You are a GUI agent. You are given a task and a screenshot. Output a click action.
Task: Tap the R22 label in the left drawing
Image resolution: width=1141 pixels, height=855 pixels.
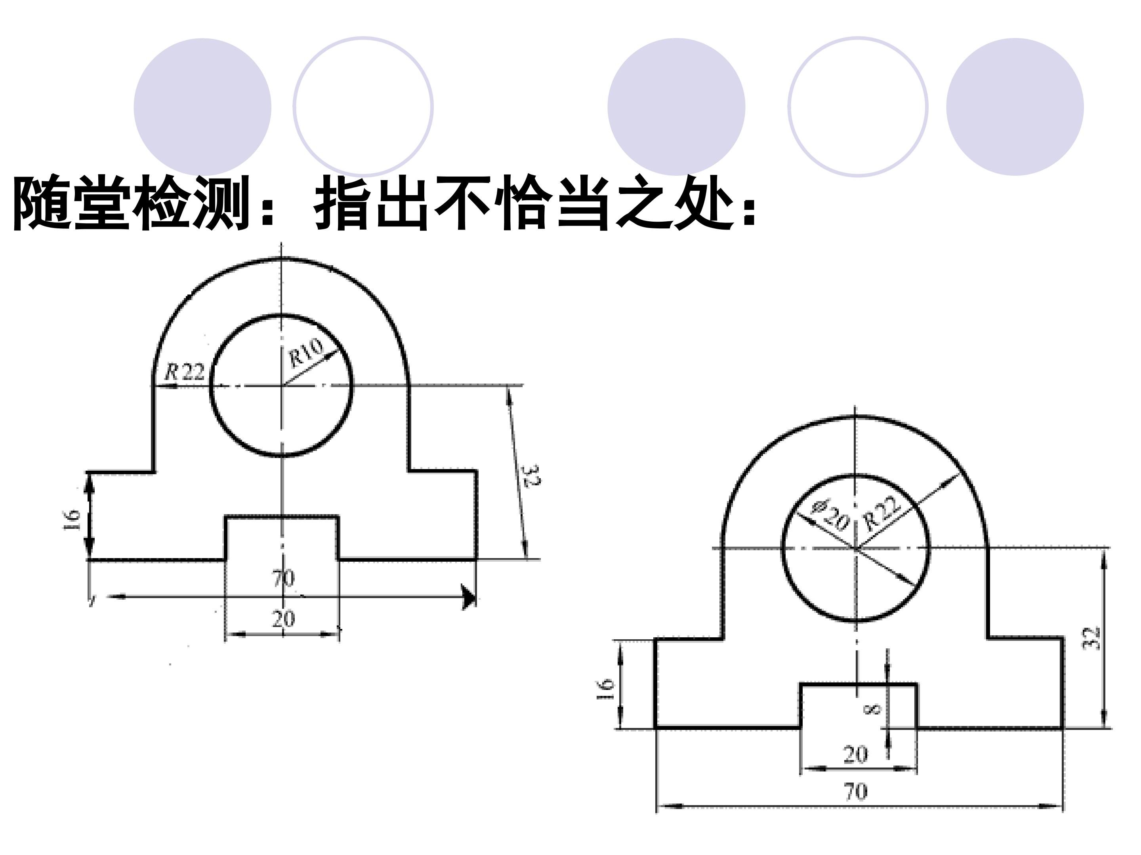(184, 372)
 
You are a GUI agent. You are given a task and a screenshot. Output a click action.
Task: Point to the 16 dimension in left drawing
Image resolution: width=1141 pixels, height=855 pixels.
(72, 521)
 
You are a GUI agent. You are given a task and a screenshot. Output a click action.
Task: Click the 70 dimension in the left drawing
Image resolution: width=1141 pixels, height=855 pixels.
(284, 578)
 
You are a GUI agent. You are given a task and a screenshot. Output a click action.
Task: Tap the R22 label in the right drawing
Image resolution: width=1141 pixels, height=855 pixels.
(883, 513)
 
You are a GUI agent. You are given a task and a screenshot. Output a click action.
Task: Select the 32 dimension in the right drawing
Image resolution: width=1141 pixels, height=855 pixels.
(1091, 638)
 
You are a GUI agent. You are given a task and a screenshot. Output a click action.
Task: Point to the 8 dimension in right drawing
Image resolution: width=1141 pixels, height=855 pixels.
(873, 710)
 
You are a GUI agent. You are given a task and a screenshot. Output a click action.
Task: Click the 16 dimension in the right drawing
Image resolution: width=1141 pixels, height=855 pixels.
(606, 689)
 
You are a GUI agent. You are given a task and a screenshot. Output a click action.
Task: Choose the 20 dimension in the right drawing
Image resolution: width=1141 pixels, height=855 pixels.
(856, 754)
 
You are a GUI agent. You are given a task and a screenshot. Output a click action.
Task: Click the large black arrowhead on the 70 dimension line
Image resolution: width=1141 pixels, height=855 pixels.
(469, 597)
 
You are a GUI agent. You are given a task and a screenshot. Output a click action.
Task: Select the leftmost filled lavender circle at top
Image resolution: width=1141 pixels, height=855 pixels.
(202, 107)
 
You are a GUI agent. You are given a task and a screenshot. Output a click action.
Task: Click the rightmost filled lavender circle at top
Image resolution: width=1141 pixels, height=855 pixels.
(1015, 107)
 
